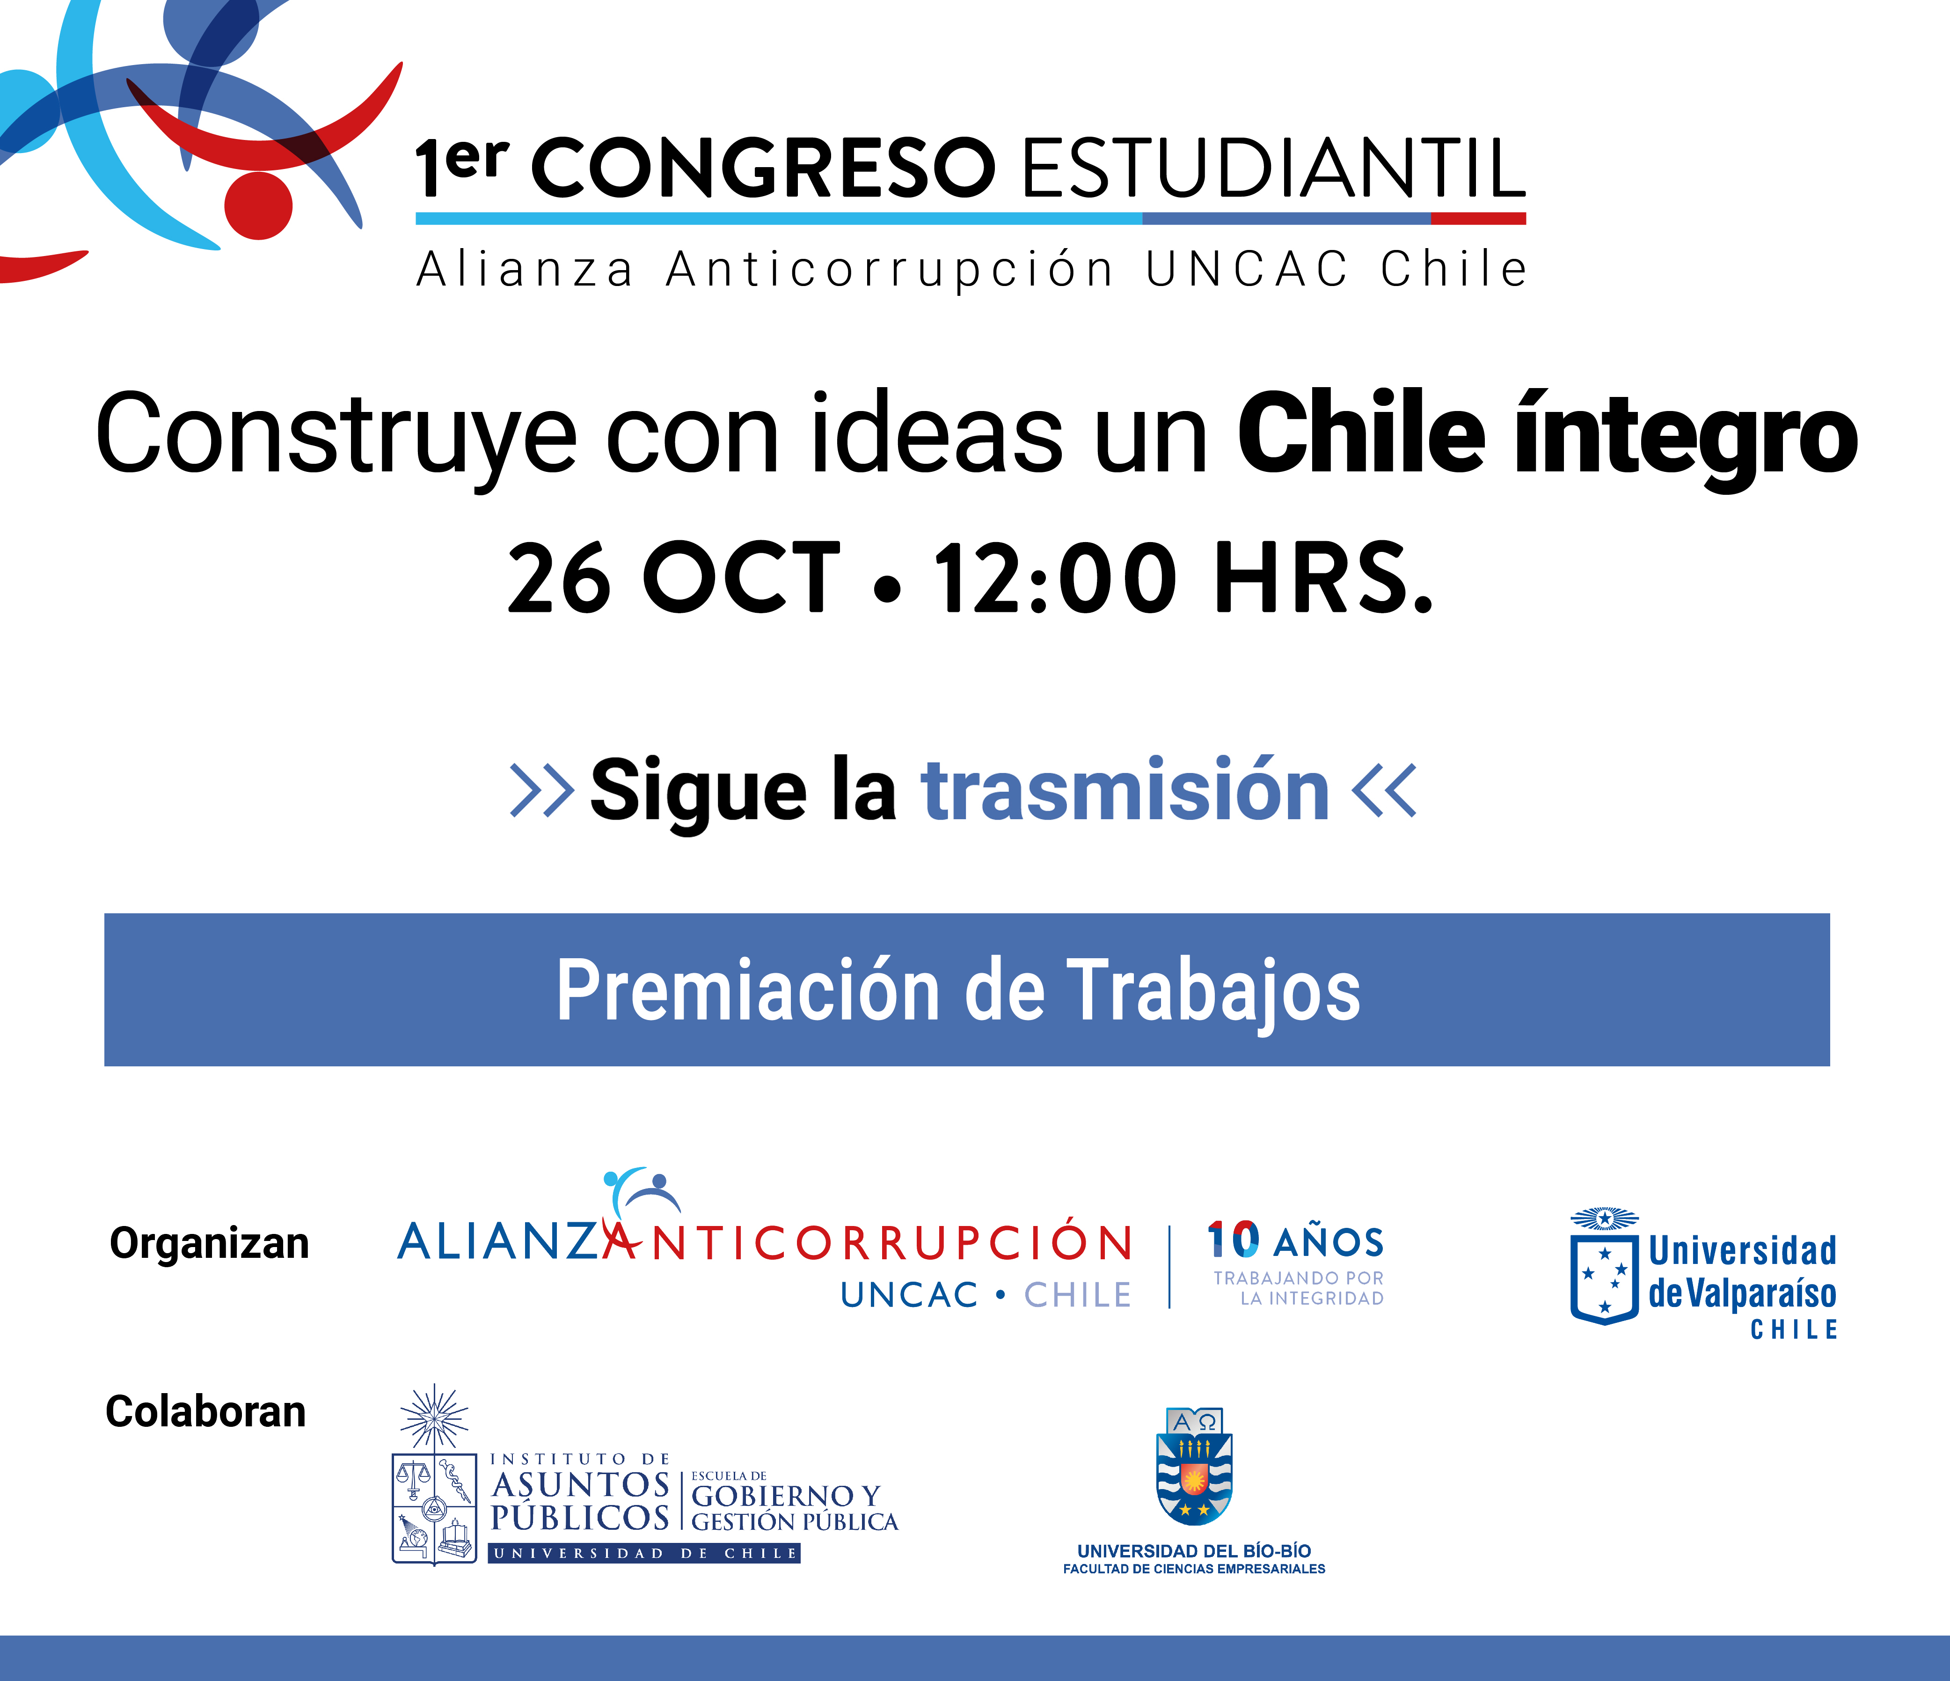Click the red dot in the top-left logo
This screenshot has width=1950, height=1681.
(258, 205)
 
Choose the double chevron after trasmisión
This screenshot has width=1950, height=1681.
(1383, 790)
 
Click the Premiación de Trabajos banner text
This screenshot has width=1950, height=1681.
(958, 991)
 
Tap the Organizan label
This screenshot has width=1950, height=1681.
(209, 1243)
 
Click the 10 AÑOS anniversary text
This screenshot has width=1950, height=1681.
(1295, 1241)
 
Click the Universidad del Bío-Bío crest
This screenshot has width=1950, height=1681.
(1193, 1467)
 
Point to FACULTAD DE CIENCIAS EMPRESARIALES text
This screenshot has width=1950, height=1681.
(1194, 1569)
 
